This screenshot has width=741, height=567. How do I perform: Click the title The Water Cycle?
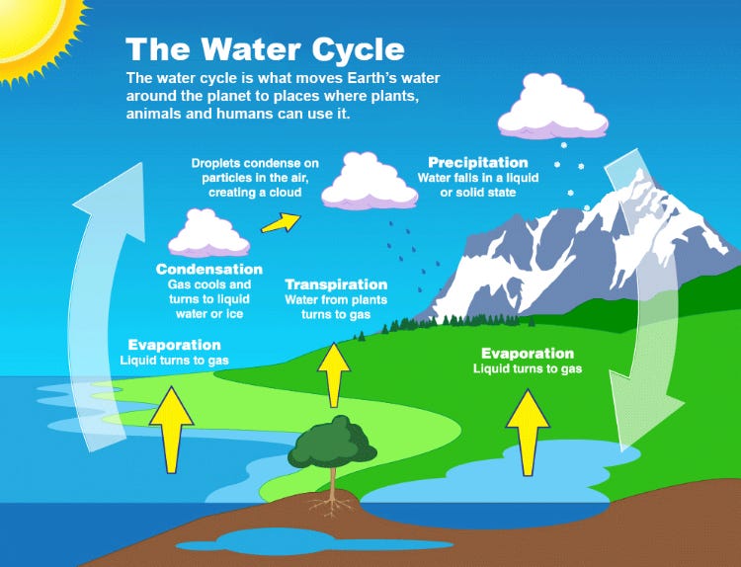(265, 48)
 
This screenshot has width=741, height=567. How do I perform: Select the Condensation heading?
(208, 269)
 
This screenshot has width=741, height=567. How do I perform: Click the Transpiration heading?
(335, 283)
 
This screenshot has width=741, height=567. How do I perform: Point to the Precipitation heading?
(477, 162)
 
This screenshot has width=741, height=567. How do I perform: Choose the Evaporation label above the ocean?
(174, 345)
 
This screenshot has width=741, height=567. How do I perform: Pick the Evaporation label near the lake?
(527, 353)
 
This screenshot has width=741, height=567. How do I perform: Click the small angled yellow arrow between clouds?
(278, 222)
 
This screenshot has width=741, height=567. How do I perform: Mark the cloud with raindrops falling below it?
(364, 180)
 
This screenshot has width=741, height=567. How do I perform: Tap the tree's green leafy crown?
(333, 442)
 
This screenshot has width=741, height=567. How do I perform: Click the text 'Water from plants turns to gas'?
(335, 306)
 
